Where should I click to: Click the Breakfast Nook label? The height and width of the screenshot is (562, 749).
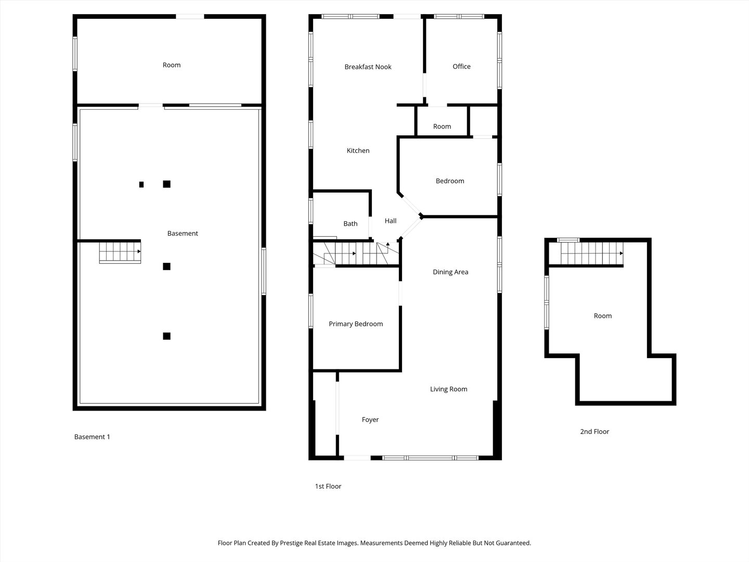tap(368, 67)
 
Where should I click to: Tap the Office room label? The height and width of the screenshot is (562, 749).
tap(461, 66)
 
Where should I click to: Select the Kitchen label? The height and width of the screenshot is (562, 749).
tap(358, 150)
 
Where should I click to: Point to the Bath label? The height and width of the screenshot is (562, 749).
tap(350, 223)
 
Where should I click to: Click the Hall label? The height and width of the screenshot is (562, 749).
tap(390, 221)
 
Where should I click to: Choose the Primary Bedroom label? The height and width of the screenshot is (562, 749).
tap(356, 324)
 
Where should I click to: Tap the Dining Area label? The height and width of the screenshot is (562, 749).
tap(450, 272)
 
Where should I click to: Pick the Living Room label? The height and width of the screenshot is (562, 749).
tap(448, 389)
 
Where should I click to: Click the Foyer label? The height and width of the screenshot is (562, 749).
tap(370, 419)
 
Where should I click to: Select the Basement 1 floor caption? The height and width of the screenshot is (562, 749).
tap(92, 437)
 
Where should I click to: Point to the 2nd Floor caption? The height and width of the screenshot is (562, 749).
tap(595, 431)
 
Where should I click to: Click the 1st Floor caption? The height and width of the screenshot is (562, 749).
tap(328, 486)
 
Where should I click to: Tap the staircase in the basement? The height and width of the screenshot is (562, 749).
tap(120, 252)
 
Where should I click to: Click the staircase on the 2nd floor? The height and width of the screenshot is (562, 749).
tap(591, 254)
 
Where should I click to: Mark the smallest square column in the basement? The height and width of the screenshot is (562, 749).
tap(141, 184)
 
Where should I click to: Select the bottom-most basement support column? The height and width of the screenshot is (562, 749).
tap(166, 336)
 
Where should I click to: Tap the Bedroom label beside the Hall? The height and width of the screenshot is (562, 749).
tap(450, 181)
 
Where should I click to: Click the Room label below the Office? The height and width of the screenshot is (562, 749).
tap(442, 126)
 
